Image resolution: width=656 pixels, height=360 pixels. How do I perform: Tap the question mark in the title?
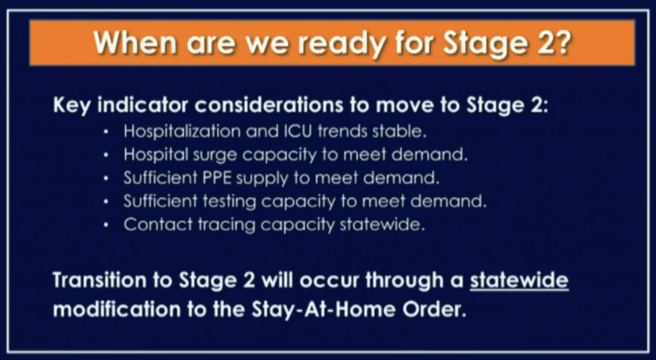click(562, 42)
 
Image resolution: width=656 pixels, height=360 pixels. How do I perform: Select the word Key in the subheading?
click(72, 106)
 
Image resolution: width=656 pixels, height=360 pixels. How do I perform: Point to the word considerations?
click(270, 105)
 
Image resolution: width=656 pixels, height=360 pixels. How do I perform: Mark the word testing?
click(229, 202)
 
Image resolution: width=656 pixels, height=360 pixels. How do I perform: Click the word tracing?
click(226, 225)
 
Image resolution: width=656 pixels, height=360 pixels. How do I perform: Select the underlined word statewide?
click(519, 280)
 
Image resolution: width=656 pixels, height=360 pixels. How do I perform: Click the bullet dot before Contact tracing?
click(106, 225)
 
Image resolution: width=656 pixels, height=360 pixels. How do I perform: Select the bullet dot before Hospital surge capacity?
click(106, 155)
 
